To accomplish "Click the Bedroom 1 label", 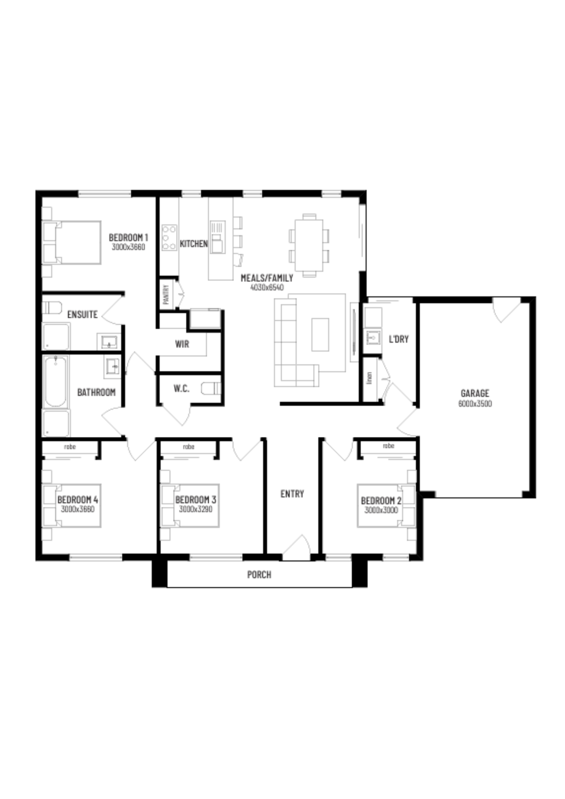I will coord(129,238).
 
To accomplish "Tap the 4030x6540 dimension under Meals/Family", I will coord(267,287).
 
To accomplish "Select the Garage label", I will coord(475,393).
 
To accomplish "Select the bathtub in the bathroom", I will coord(55,381).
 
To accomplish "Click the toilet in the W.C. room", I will coord(211,388).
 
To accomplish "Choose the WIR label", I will coord(182,344).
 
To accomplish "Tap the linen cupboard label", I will coord(370,378).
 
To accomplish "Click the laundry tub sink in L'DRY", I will coord(373,337).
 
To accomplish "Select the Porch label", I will coord(259,575).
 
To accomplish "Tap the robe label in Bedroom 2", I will coord(389,446).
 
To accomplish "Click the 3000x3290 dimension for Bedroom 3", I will coord(196,509).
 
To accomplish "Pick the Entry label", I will coord(292,494).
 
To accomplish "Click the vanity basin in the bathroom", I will coord(112,366).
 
